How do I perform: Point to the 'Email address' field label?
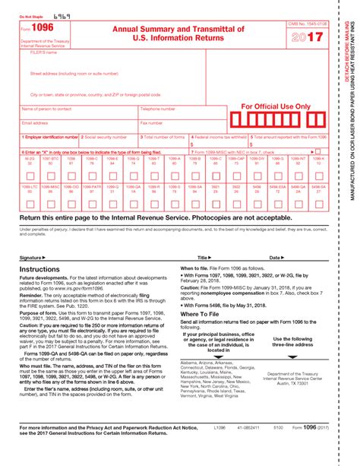[36, 122]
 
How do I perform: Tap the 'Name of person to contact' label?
[47, 109]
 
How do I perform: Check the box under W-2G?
[30, 174]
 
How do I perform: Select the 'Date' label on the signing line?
[275, 258]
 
